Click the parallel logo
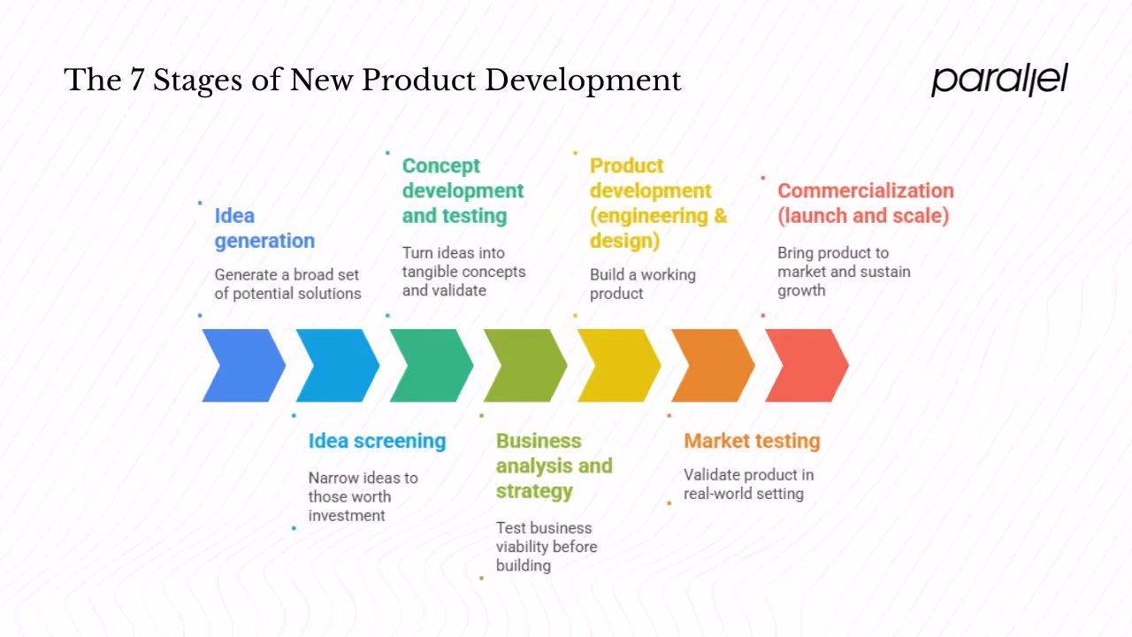999,79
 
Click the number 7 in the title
136,81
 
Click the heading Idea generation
264,228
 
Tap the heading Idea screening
377,441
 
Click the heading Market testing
752,441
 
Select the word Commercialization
865,190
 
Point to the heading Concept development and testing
463,190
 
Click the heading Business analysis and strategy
554,465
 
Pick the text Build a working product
643,284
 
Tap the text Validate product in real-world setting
748,484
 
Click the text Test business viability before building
547,546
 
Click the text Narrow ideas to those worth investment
363,496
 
